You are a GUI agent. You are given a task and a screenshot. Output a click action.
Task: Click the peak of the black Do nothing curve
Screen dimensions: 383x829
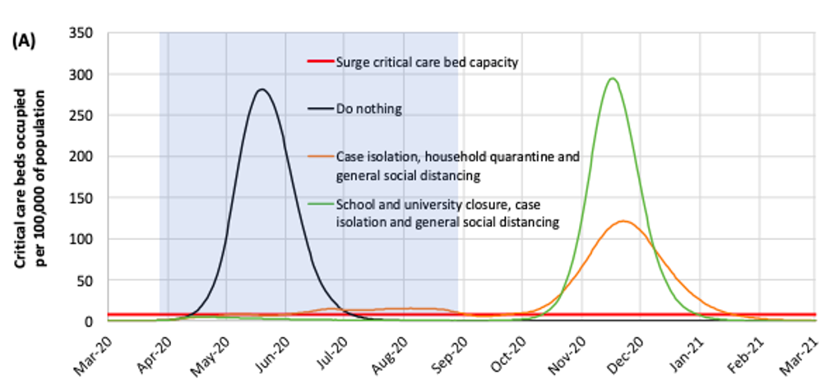262,90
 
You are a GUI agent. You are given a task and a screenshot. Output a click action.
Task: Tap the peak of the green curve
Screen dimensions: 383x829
612,79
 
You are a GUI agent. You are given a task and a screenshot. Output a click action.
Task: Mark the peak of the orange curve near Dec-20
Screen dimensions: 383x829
623,221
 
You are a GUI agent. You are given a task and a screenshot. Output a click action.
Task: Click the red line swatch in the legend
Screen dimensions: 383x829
319,62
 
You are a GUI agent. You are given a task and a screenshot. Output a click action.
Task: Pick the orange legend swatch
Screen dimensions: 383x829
319,155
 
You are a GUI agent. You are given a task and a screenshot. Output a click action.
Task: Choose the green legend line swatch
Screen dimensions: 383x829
319,203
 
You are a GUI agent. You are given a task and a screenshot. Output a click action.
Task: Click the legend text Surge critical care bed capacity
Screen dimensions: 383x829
427,62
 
